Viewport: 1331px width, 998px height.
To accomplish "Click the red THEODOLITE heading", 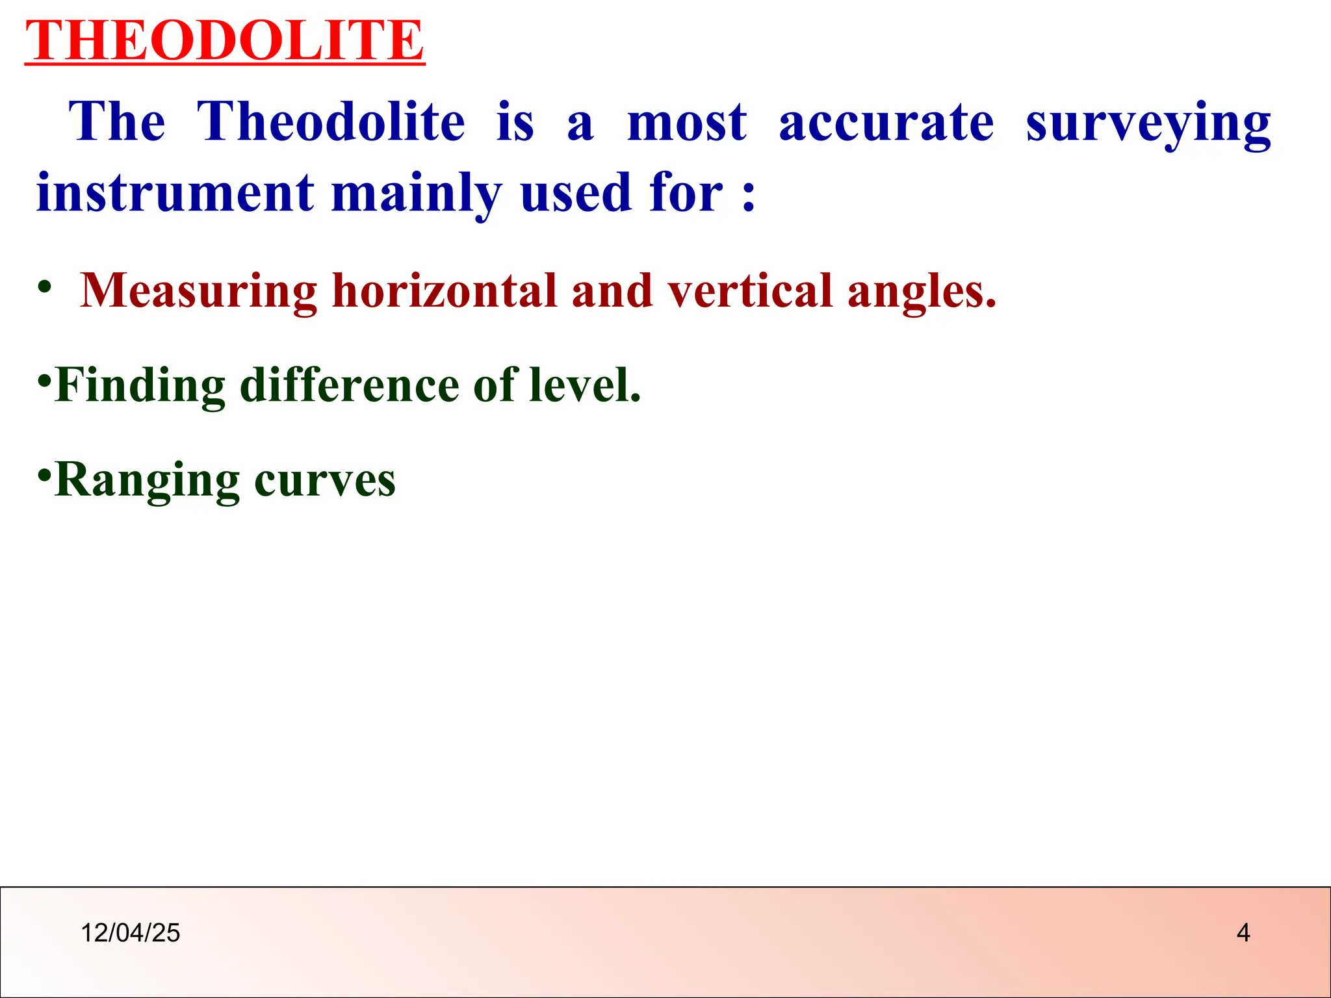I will click(x=224, y=40).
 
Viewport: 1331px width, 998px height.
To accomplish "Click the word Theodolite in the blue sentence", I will click(x=331, y=122).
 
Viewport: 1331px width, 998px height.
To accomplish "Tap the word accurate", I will click(x=886, y=122).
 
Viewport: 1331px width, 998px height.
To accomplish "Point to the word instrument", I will click(x=175, y=193).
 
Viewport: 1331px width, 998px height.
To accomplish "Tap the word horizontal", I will click(x=450, y=290).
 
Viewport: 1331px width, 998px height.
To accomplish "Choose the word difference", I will click(x=348, y=385).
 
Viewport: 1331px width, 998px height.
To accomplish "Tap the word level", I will click(x=584, y=385).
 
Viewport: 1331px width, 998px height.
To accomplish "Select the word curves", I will click(x=324, y=481).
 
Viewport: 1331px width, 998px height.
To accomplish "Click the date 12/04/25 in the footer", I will click(x=130, y=933).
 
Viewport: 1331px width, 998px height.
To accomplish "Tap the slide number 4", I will click(x=1243, y=933).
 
